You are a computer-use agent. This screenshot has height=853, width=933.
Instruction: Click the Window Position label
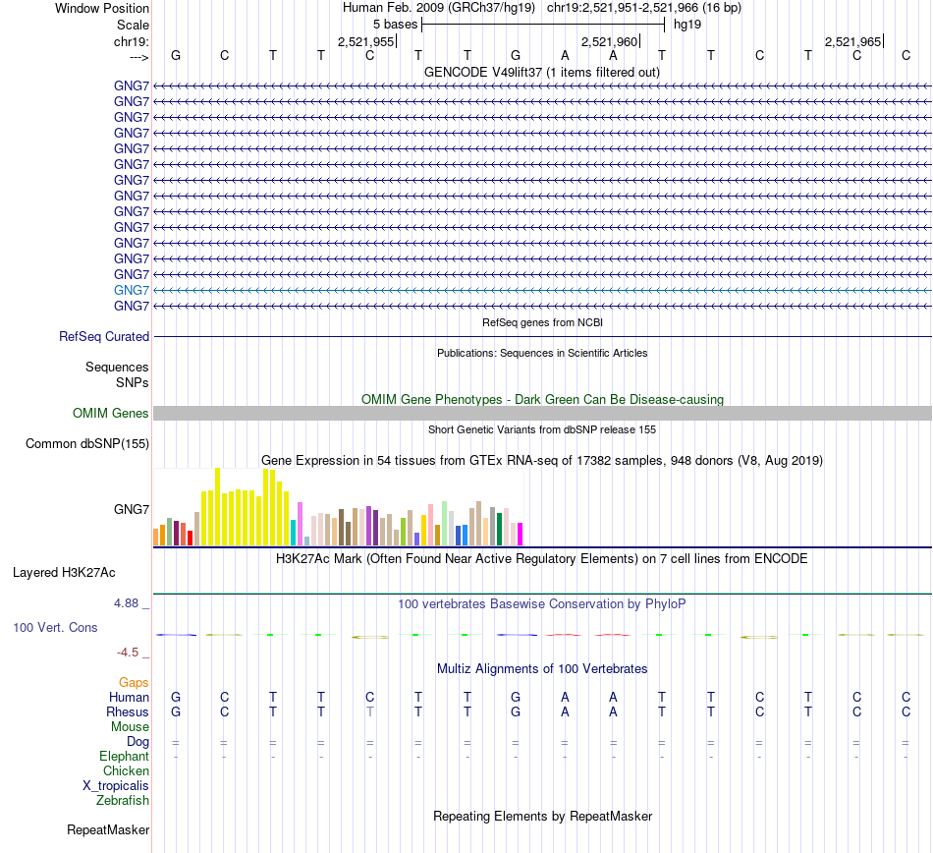(102, 8)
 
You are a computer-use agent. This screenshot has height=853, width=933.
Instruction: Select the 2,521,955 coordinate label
(365, 41)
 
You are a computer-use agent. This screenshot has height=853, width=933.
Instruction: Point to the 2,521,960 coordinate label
(610, 41)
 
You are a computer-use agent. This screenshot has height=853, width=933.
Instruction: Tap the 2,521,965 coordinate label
(852, 41)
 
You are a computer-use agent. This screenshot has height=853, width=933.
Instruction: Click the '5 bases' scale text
(395, 24)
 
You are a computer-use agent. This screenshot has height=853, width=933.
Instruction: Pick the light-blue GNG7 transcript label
(132, 290)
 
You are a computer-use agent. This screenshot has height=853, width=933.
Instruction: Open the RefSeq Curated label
(104, 336)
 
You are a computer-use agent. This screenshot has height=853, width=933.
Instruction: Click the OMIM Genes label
(111, 413)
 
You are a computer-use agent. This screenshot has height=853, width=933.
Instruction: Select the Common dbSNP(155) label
(87, 443)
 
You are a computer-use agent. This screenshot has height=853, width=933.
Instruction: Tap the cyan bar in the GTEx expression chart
(294, 532)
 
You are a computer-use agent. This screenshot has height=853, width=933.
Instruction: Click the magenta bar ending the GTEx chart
(520, 534)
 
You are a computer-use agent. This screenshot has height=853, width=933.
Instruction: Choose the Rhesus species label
(128, 711)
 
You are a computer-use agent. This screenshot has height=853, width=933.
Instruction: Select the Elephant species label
(124, 757)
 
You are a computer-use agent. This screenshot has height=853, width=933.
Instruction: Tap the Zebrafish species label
(123, 801)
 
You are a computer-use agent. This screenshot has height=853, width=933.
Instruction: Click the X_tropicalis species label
(116, 786)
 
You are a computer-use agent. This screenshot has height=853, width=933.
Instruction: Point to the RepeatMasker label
(108, 830)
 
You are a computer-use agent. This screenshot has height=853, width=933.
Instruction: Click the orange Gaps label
(134, 682)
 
